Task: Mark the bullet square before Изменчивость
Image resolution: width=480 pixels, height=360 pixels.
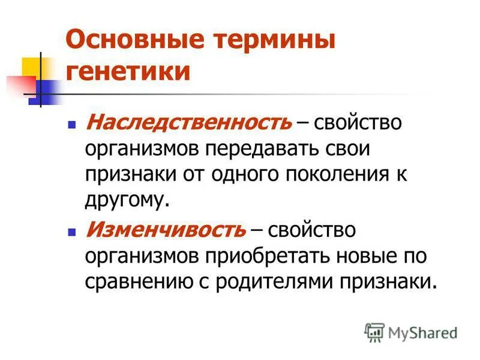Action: click(x=72, y=230)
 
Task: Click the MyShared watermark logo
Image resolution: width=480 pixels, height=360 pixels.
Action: click(x=411, y=332)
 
